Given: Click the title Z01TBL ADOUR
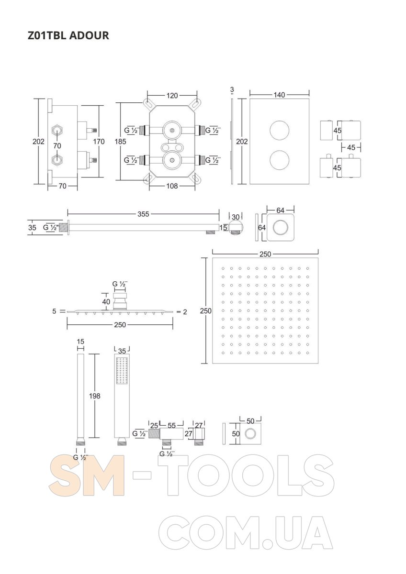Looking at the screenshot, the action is pyautogui.click(x=68, y=35).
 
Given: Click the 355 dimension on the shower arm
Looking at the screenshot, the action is pyautogui.click(x=143, y=214).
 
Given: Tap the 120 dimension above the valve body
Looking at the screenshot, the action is pyautogui.click(x=172, y=95).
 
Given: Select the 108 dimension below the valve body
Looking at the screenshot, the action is pyautogui.click(x=172, y=186).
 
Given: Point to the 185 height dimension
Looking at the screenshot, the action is pyautogui.click(x=120, y=142).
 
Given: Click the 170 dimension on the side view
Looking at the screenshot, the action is pyautogui.click(x=99, y=142).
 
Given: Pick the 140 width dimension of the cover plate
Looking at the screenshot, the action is pyautogui.click(x=279, y=95).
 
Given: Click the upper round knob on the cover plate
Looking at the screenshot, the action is pyautogui.click(x=279, y=131).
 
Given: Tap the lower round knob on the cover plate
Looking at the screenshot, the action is pyautogui.click(x=279, y=160).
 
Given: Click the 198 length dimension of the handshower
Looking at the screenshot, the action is pyautogui.click(x=95, y=396).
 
